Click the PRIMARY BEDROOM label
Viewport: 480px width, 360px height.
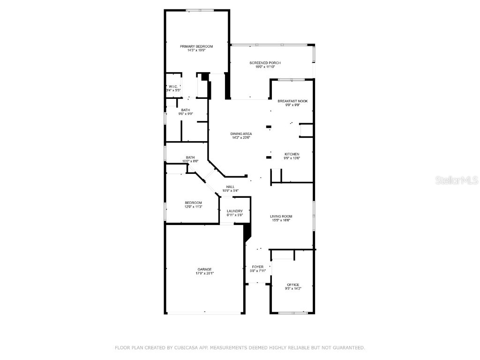[196, 46]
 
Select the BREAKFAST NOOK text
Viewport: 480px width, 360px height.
[292, 101]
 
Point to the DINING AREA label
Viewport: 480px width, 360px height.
[241, 134]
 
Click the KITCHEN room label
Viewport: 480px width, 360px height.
[292, 154]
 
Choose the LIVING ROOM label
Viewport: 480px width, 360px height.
[281, 216]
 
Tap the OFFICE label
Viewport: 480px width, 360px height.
[293, 285]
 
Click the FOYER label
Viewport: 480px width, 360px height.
[257, 267]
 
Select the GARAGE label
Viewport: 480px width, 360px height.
[204, 270]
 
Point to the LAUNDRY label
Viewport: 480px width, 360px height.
[234, 211]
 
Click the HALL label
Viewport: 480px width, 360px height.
[230, 187]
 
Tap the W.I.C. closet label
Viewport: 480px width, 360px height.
[172, 86]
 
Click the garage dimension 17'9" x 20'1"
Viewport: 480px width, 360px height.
[204, 273]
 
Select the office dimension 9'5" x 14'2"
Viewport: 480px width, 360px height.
[293, 289]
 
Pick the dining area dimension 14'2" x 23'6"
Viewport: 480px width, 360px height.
[241, 138]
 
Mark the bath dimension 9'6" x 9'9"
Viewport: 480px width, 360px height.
[186, 113]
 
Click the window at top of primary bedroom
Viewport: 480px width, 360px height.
[197, 10]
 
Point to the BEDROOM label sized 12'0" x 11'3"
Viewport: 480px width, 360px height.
[193, 202]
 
